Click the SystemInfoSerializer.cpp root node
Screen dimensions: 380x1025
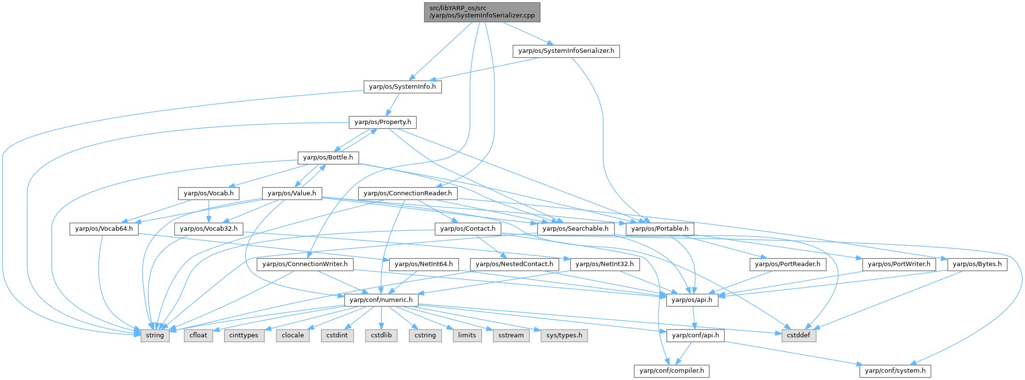pos(482,12)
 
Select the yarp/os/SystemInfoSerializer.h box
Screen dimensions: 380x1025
pos(566,51)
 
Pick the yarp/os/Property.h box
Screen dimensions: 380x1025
pos(383,122)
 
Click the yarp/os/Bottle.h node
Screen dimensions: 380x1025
pos(328,158)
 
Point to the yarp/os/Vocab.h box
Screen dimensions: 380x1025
pos(208,193)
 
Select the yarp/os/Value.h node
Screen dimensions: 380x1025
pos(292,193)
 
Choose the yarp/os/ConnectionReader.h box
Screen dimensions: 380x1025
pos(407,193)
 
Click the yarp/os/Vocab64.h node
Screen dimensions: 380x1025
pos(104,229)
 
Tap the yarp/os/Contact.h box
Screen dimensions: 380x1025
pos(467,229)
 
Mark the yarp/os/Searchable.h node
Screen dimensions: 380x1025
pos(576,229)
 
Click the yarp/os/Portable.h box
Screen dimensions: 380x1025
pos(660,229)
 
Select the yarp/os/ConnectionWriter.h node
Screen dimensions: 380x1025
pos(305,264)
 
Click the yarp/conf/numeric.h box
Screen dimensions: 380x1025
pos(381,300)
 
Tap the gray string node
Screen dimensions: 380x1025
pos(155,335)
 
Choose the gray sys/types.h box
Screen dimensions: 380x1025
pos(564,335)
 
